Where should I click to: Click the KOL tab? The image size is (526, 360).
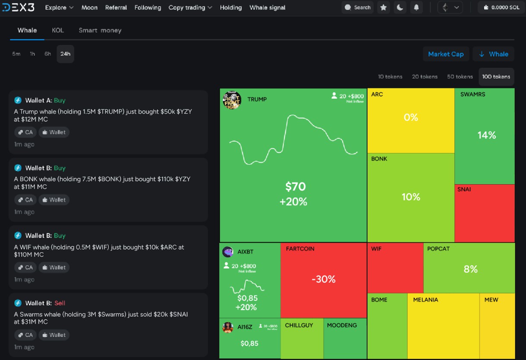click(57, 30)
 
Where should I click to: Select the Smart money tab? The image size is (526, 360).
click(100, 30)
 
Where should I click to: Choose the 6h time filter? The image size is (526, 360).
click(48, 54)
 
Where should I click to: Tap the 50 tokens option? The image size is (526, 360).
click(459, 76)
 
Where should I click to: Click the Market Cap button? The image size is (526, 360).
click(446, 54)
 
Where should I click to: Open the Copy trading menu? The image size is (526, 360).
click(190, 7)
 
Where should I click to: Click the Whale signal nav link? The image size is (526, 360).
click(267, 7)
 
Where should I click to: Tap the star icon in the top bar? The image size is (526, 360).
click(383, 7)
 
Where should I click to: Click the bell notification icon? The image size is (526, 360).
click(416, 7)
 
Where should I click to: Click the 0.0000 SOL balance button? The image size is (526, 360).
click(501, 7)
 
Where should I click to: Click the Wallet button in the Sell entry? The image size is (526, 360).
click(54, 335)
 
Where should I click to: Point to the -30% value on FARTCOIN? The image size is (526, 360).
click(323, 279)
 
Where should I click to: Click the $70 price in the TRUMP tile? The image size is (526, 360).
click(295, 186)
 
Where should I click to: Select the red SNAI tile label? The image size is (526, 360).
click(464, 189)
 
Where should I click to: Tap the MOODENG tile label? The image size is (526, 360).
click(342, 325)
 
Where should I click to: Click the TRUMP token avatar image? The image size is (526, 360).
click(232, 100)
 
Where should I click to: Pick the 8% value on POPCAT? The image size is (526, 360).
click(470, 269)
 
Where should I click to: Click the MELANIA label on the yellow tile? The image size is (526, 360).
click(425, 300)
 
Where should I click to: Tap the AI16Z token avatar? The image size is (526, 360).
click(228, 327)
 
